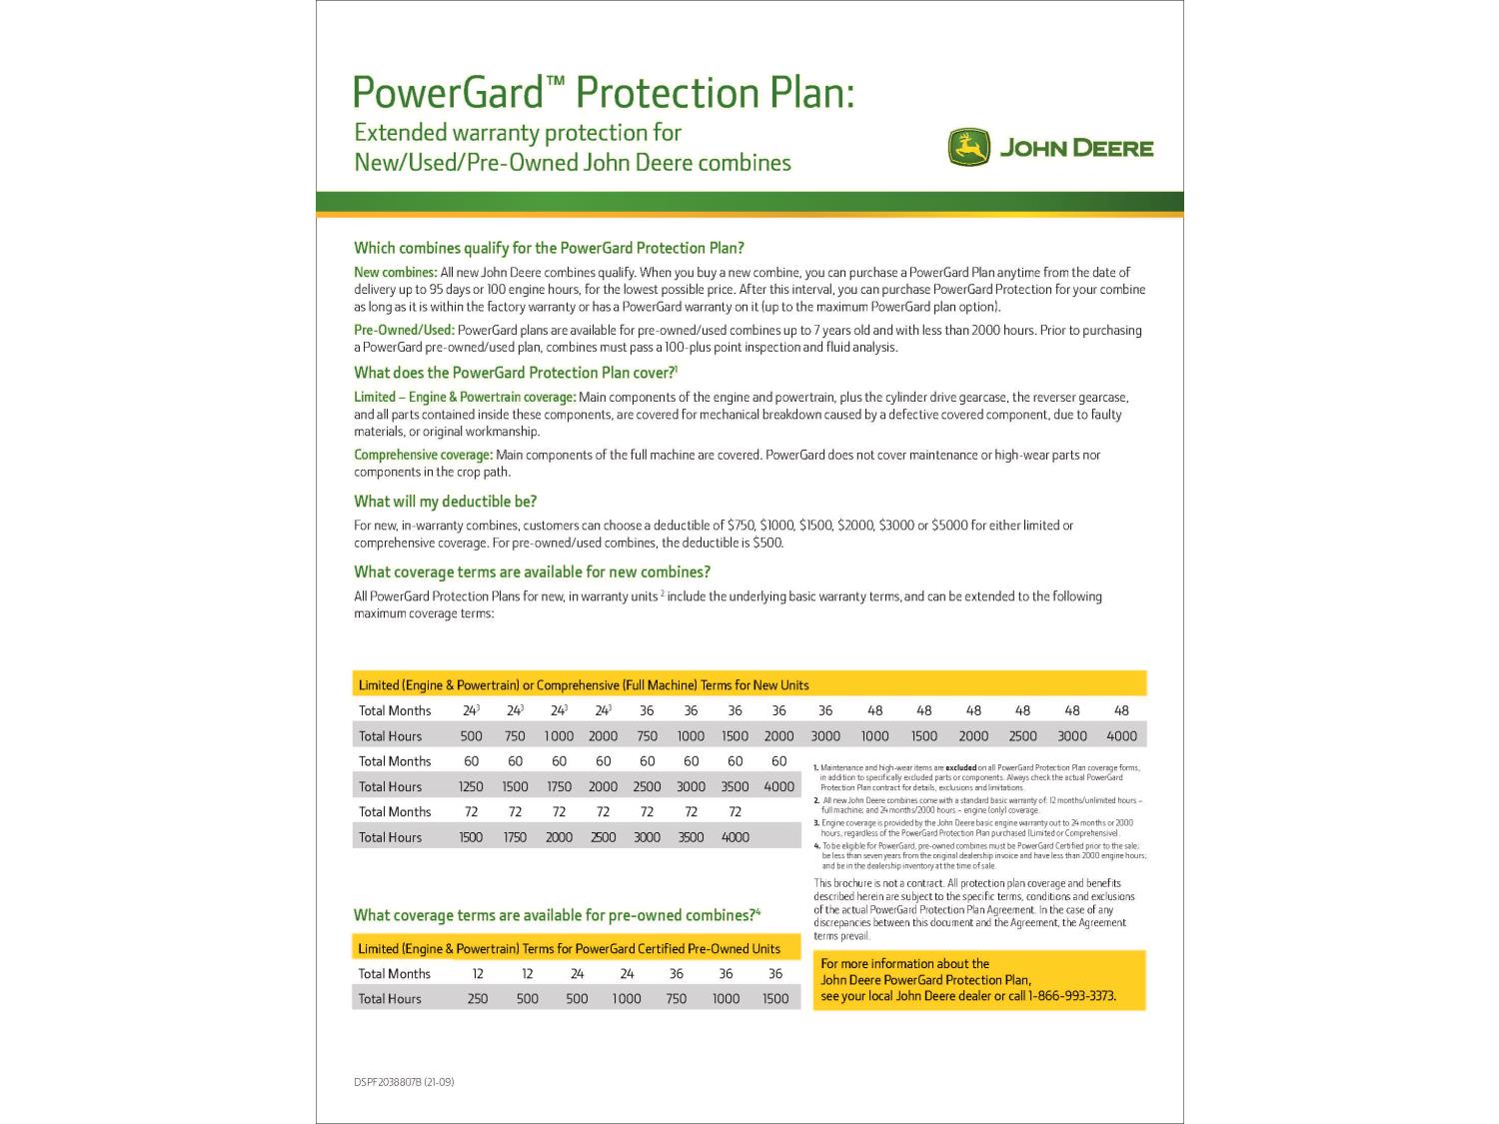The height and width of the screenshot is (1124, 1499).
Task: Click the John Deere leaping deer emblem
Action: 967,148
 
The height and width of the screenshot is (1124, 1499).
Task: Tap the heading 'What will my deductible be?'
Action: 445,502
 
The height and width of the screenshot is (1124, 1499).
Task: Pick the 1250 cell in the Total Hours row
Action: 471,787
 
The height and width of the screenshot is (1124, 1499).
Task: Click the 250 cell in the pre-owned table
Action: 478,999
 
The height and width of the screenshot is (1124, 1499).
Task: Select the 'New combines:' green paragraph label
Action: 395,272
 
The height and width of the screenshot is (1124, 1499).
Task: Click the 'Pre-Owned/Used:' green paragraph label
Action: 404,330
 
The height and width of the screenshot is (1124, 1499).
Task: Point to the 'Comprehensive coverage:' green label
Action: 423,455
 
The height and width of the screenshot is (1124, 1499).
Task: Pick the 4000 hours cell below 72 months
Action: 735,837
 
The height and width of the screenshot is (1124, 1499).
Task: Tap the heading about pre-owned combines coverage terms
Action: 557,915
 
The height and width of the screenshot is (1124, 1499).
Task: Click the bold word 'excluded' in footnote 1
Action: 960,767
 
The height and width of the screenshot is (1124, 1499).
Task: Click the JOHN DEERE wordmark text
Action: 1076,149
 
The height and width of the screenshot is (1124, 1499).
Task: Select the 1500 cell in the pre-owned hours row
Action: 775,999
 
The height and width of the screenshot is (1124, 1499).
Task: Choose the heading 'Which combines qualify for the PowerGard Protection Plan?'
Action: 549,248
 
